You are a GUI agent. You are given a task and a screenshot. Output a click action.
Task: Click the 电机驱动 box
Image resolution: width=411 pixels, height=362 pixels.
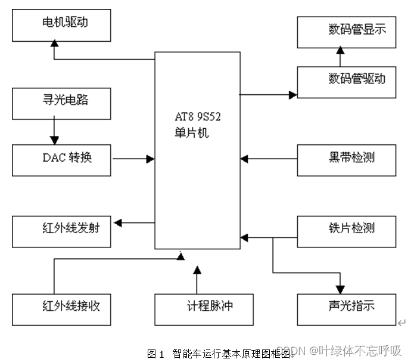click(61, 25)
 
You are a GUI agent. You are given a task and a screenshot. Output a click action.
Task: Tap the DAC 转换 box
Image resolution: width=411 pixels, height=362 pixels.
click(61, 159)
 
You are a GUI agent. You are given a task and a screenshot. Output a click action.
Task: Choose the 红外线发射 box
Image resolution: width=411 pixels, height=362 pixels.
click(61, 230)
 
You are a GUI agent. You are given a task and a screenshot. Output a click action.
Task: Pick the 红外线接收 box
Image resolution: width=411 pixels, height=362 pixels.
click(61, 308)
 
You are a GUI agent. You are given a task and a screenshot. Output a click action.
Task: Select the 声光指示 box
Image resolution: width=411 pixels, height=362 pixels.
click(347, 308)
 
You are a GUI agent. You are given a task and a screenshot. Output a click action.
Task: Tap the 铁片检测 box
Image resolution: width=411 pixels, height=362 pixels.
click(347, 230)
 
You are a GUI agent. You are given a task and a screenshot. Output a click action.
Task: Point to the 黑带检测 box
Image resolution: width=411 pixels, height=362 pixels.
click(347, 159)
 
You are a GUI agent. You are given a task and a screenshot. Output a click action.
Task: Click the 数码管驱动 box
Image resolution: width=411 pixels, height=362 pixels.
click(347, 81)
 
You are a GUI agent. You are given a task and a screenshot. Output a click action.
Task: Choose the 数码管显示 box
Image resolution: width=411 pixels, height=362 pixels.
click(347, 32)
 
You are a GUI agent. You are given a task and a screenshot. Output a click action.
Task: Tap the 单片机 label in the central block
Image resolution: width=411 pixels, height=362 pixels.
click(189, 132)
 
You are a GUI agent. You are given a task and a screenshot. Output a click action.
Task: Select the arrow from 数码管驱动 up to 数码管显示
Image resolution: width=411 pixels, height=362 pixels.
click(340, 57)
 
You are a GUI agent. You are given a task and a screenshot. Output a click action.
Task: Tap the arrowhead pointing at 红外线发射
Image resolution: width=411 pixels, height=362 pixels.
click(118, 223)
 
